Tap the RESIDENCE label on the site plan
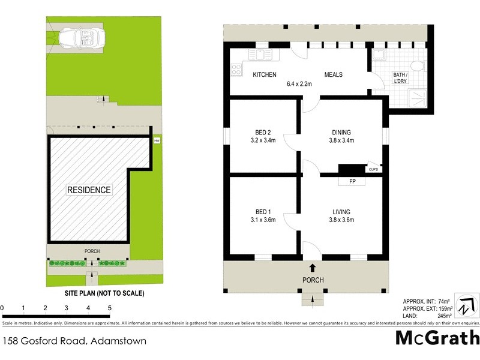tap(89, 190)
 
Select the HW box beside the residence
tap(157, 141)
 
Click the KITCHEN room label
tap(264, 75)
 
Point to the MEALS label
tap(333, 75)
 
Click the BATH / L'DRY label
tap(400, 79)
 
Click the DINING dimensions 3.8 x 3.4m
tap(341, 142)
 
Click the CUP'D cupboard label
tap(373, 170)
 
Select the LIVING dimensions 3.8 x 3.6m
tap(341, 220)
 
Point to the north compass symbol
tap(466, 305)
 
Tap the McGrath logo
tap(437, 338)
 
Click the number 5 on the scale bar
tap(110, 308)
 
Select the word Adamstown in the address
tap(118, 341)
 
